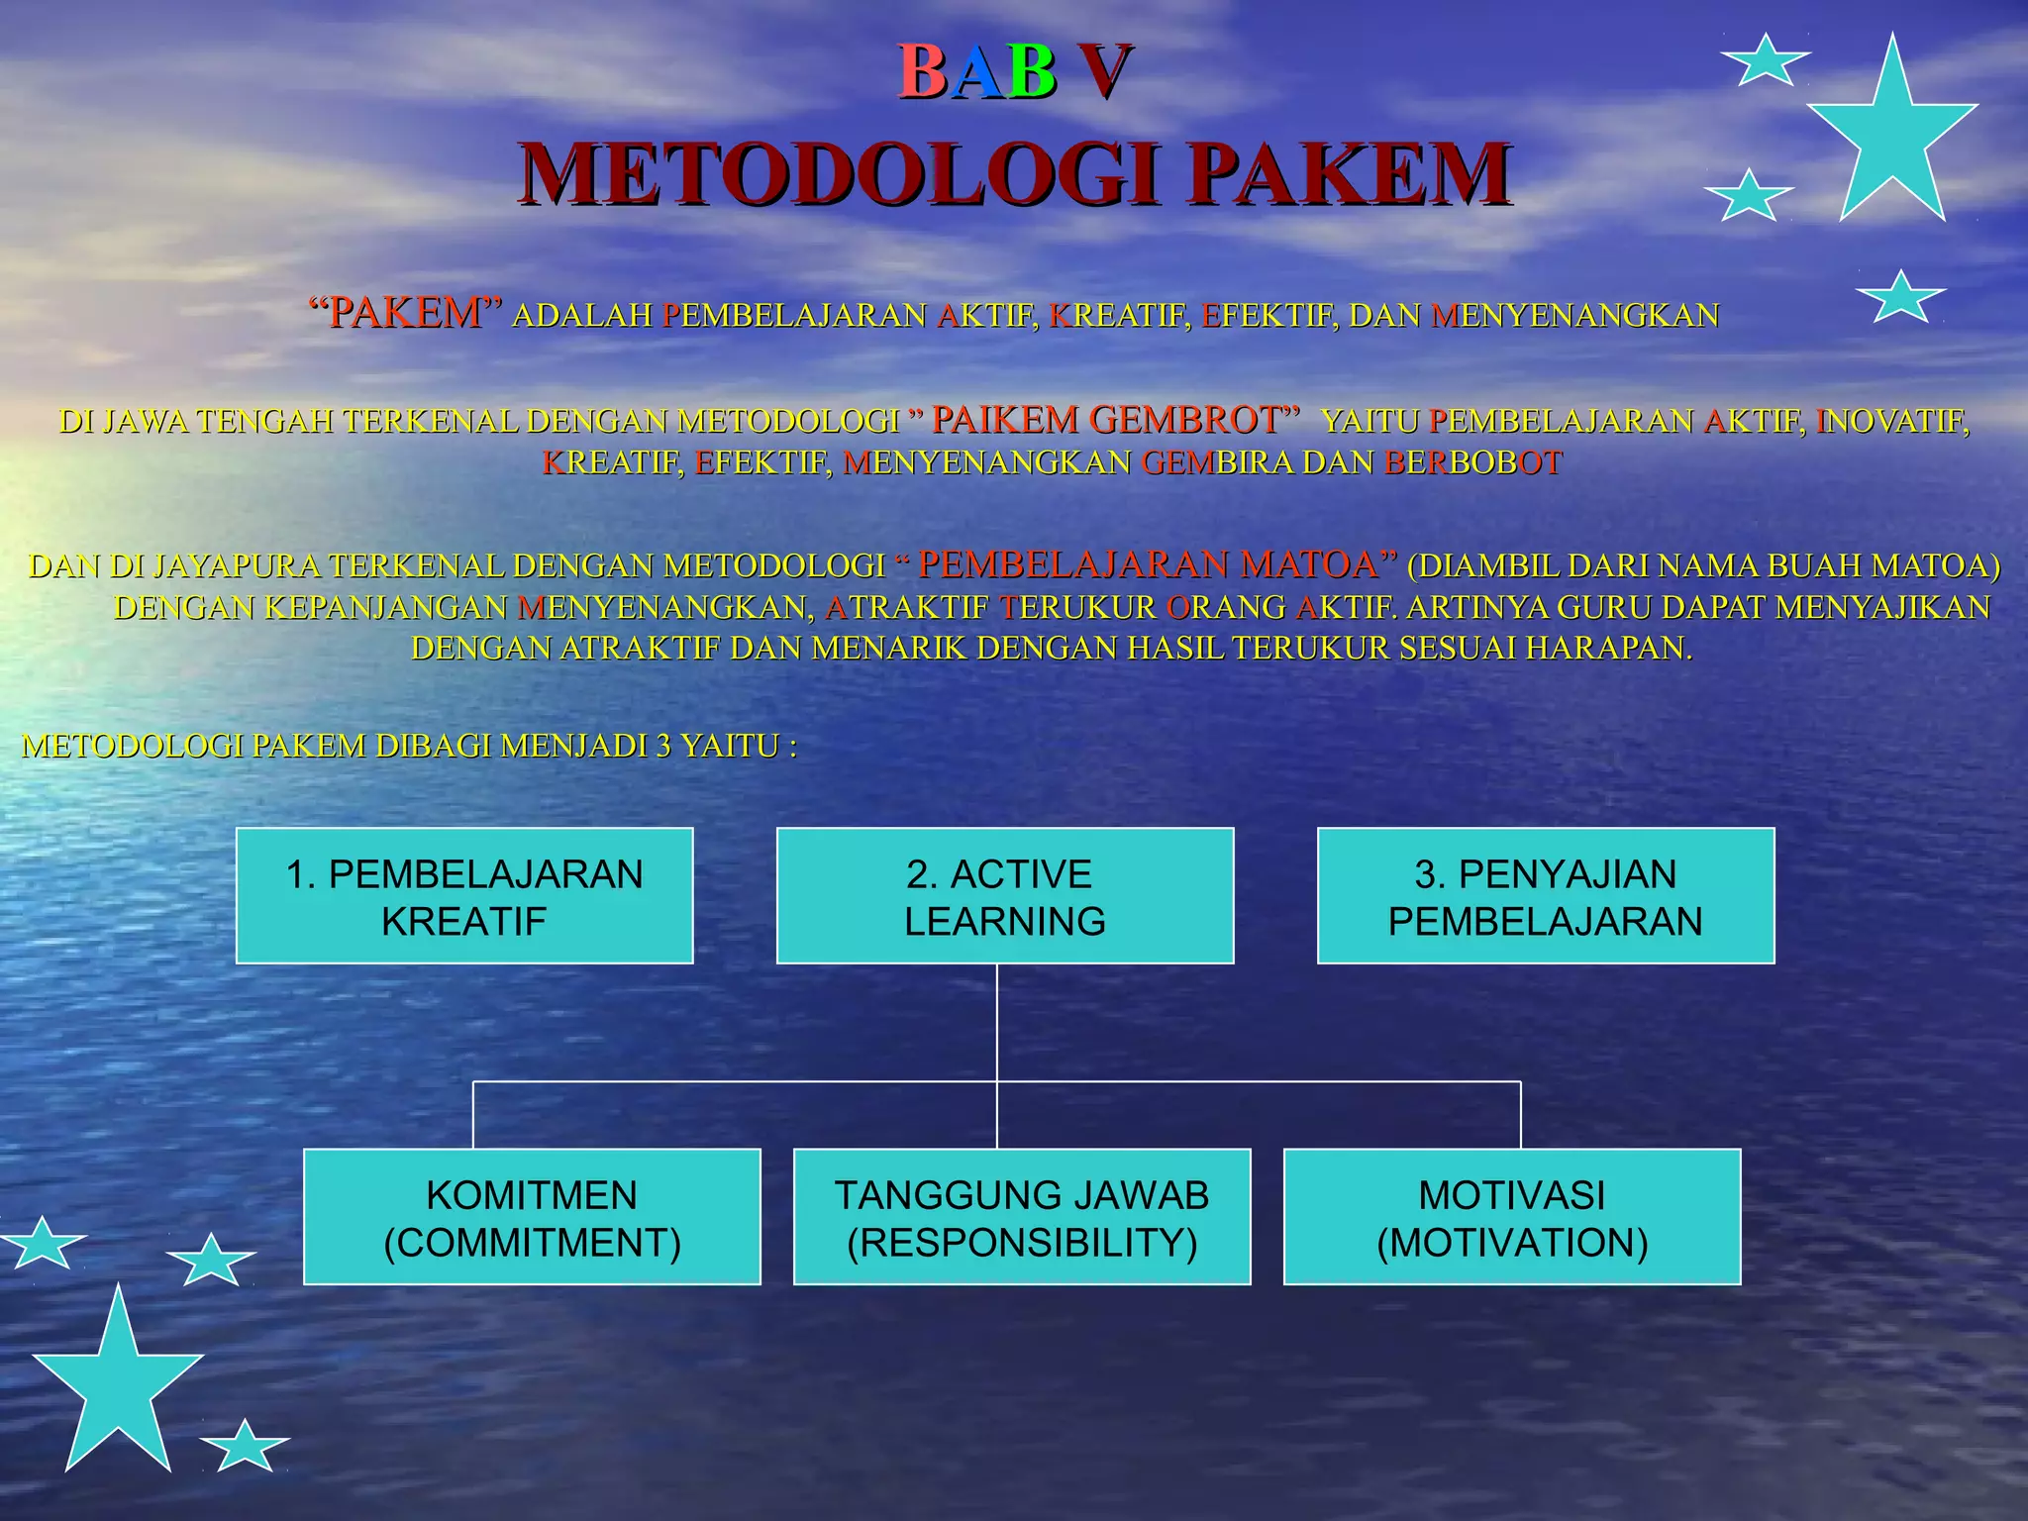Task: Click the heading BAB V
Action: pyautogui.click(x=1014, y=72)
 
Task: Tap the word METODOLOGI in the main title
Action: pyautogui.click(x=840, y=174)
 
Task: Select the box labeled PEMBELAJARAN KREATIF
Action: pyautogui.click(x=464, y=896)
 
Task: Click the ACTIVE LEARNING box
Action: pyautogui.click(x=1005, y=896)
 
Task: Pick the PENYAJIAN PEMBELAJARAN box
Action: pyautogui.click(x=1545, y=896)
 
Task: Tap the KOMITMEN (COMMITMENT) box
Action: pyautogui.click(x=532, y=1217)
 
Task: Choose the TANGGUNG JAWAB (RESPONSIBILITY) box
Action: pyautogui.click(x=1022, y=1217)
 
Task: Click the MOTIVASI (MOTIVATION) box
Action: pyautogui.click(x=1512, y=1217)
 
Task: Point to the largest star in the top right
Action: pyautogui.click(x=1892, y=134)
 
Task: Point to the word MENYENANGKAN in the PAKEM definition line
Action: pyautogui.click(x=1575, y=316)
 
